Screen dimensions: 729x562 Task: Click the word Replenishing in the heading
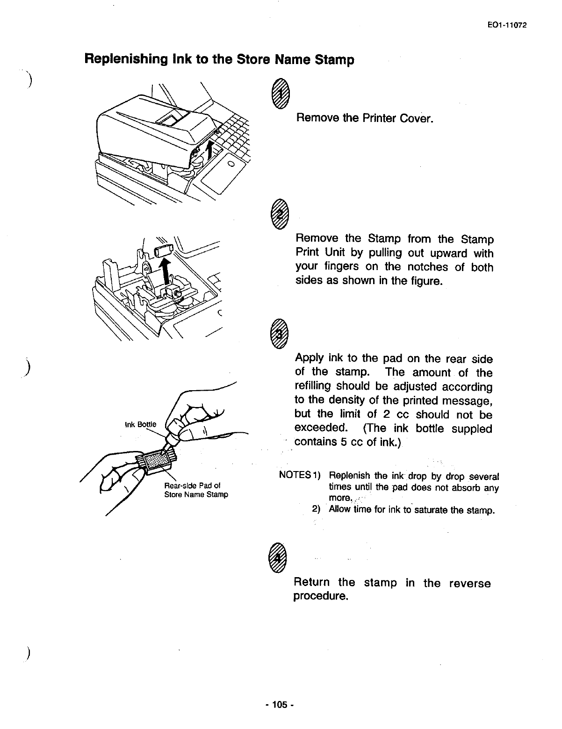point(119,60)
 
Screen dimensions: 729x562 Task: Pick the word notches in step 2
point(426,267)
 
